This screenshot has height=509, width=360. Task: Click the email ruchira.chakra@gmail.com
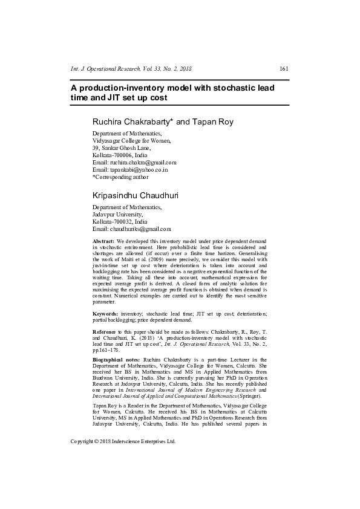(142, 162)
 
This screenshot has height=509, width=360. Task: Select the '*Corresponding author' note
(120, 177)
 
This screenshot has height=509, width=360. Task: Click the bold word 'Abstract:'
(103, 241)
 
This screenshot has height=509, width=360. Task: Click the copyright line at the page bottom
(123, 441)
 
